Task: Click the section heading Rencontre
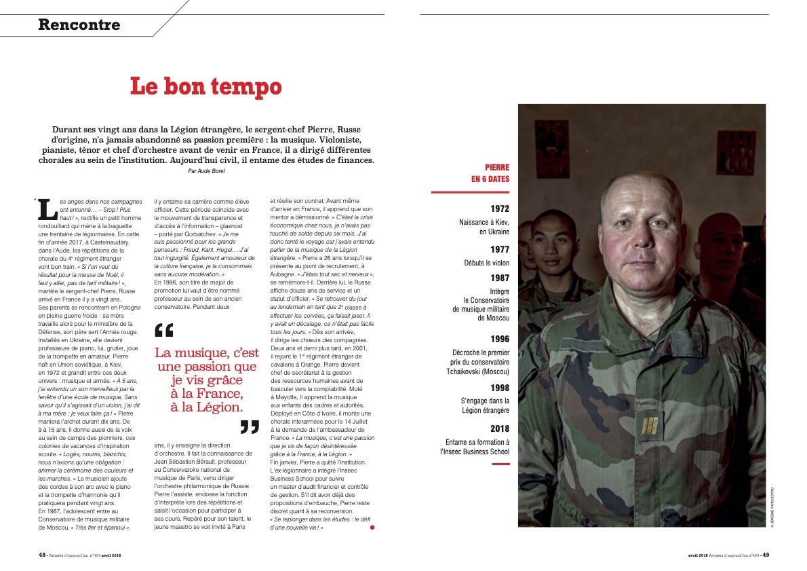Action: point(79,25)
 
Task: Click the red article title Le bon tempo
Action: point(205,86)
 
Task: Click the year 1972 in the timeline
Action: point(500,208)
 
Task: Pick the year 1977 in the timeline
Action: point(500,249)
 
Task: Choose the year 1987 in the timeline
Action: point(500,278)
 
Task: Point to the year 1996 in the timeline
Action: point(500,338)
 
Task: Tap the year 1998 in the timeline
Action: point(500,388)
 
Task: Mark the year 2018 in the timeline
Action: point(500,428)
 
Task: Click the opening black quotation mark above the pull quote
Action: point(164,331)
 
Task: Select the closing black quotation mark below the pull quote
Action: point(250,426)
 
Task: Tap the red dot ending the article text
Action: point(372,527)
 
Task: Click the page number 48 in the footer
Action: point(42,554)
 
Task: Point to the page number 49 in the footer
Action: point(765,554)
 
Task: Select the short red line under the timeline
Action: point(500,464)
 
